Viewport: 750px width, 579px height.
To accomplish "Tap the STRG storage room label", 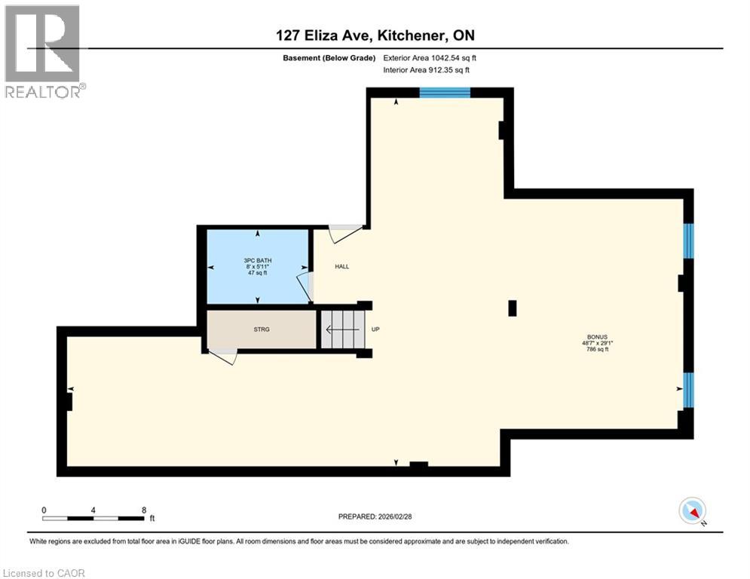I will point(262,329).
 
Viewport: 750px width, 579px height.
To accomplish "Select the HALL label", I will point(342,266).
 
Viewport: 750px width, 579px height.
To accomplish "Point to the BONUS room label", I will point(598,337).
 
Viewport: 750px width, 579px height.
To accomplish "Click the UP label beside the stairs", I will point(375,329).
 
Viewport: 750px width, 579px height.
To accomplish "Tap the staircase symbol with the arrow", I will point(341,330).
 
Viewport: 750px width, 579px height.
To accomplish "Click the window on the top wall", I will point(445,93).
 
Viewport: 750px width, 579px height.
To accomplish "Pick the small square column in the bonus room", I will point(513,308).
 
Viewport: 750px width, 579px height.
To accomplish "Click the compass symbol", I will point(691,510).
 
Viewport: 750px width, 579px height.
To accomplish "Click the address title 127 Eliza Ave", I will point(375,35).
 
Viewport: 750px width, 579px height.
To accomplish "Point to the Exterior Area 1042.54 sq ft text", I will point(430,57).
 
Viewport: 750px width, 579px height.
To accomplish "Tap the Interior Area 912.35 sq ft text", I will point(427,70).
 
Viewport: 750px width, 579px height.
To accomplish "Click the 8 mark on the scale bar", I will point(143,510).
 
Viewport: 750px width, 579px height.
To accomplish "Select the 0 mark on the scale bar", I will point(44,510).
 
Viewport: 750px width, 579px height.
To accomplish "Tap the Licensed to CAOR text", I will point(44,573).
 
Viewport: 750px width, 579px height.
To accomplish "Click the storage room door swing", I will point(224,357).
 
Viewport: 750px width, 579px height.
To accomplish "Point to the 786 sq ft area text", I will point(598,349).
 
